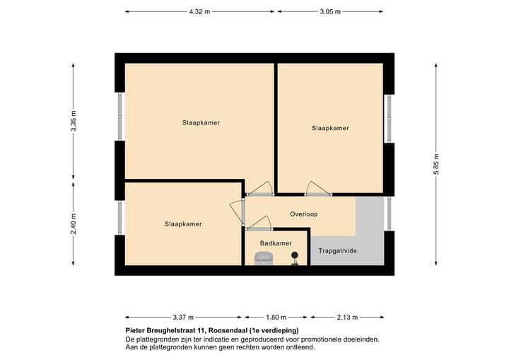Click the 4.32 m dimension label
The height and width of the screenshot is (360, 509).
[x=201, y=11]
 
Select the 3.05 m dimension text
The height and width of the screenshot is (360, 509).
[x=330, y=11]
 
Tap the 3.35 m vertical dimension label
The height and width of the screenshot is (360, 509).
[x=73, y=122]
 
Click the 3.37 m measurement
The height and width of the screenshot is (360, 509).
[x=184, y=317]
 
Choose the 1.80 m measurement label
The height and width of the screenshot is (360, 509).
[x=276, y=317]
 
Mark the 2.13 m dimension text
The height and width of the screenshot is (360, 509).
[x=347, y=317]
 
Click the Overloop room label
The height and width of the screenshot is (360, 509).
[x=304, y=214]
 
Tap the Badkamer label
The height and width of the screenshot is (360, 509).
[x=275, y=243]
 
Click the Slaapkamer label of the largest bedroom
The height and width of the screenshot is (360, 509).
[x=200, y=122]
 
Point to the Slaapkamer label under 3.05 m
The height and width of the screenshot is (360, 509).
[x=330, y=128]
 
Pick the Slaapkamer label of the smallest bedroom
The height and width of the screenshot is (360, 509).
[x=182, y=224]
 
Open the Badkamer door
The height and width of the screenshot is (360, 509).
[x=259, y=228]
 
